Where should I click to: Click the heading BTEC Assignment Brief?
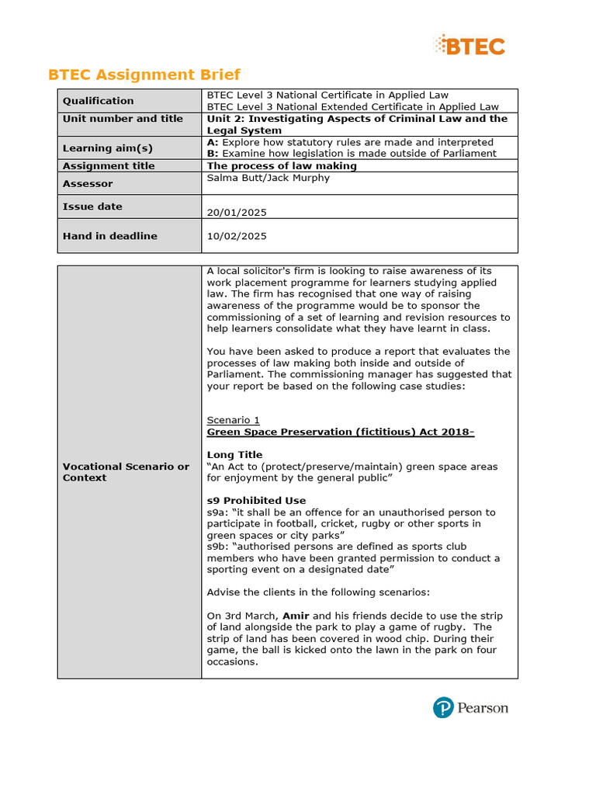(x=144, y=75)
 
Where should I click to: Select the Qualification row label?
(x=99, y=101)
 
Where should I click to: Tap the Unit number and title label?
(x=123, y=119)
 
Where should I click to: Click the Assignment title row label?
(x=109, y=166)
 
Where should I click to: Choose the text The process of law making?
(x=282, y=166)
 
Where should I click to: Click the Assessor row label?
(x=88, y=184)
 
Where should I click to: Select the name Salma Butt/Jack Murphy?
(x=269, y=178)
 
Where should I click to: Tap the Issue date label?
(x=92, y=207)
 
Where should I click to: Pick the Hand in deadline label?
(x=109, y=236)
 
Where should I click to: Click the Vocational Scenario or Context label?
(x=126, y=472)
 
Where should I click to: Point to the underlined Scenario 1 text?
(x=233, y=420)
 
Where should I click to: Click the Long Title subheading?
(x=234, y=455)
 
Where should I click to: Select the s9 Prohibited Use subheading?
(x=256, y=501)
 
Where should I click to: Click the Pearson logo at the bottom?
(x=470, y=708)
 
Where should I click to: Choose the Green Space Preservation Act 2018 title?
(x=340, y=432)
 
